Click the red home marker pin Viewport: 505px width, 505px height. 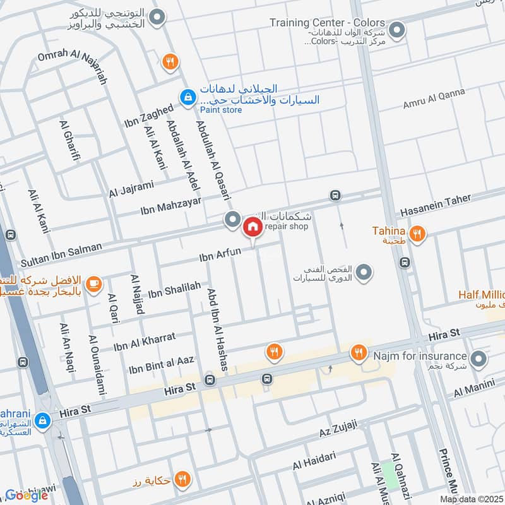252,226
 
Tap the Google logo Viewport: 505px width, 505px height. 27,496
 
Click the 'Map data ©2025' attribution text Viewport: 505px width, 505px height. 472,499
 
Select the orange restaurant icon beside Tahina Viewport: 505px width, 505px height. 416,234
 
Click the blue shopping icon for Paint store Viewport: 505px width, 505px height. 187,97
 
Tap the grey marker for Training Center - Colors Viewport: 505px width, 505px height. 397,30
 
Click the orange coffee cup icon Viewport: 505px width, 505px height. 93,285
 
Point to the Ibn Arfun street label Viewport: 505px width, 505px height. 220,254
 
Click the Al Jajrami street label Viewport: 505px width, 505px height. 131,188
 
